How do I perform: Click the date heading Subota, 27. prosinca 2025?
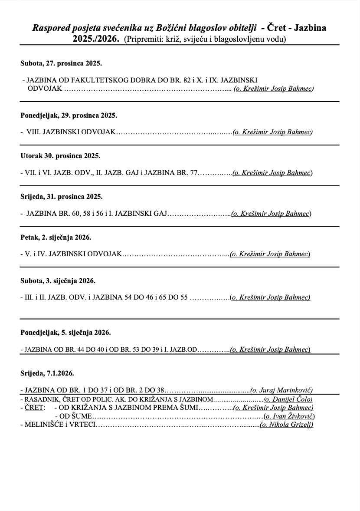pos(61,63)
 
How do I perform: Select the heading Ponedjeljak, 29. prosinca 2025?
pos(69,115)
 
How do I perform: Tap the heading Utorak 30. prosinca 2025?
pos(60,155)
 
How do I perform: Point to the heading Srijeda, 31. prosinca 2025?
pos(62,196)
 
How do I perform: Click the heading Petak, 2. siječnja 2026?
pos(56,237)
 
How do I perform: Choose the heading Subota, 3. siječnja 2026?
pos(58,281)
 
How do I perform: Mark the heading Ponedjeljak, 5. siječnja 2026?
pos(65,333)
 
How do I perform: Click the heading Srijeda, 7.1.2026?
pos(47,373)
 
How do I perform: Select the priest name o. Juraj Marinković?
pos(282,390)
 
